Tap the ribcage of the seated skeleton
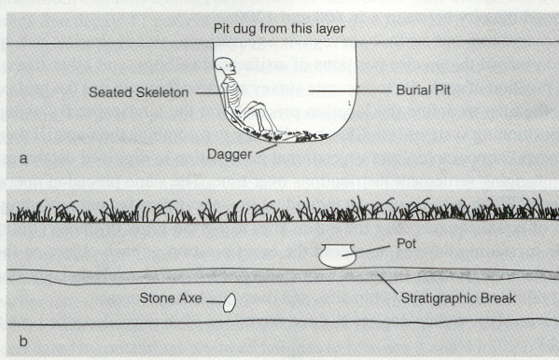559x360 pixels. (232, 91)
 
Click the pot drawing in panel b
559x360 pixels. (336, 256)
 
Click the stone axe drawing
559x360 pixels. (228, 302)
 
